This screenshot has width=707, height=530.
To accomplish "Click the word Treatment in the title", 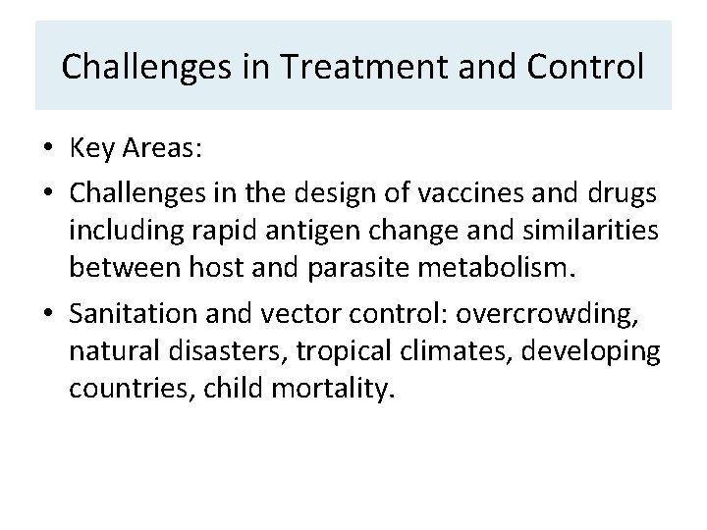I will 337,67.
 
